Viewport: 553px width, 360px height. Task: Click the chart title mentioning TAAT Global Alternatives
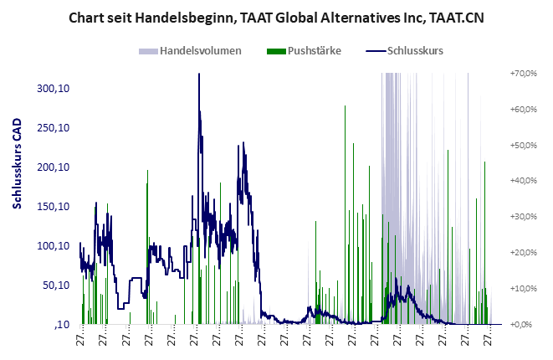click(x=276, y=18)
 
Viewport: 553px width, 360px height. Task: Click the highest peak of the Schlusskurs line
click(x=199, y=75)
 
